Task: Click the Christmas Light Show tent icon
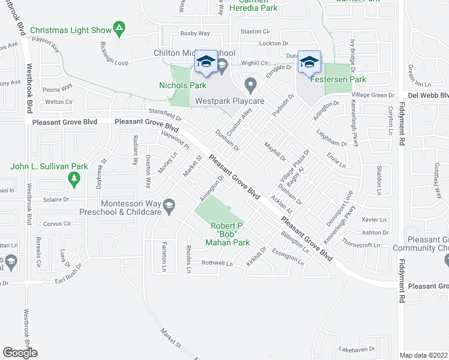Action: pos(119,27)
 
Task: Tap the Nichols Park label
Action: pos(182,85)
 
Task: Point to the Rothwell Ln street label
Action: pos(217,263)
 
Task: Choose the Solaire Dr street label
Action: pos(55,199)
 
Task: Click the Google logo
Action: pos(20,353)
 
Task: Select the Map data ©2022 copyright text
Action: pos(423,355)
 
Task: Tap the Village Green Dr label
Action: pos(373,95)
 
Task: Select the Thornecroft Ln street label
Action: pos(361,245)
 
